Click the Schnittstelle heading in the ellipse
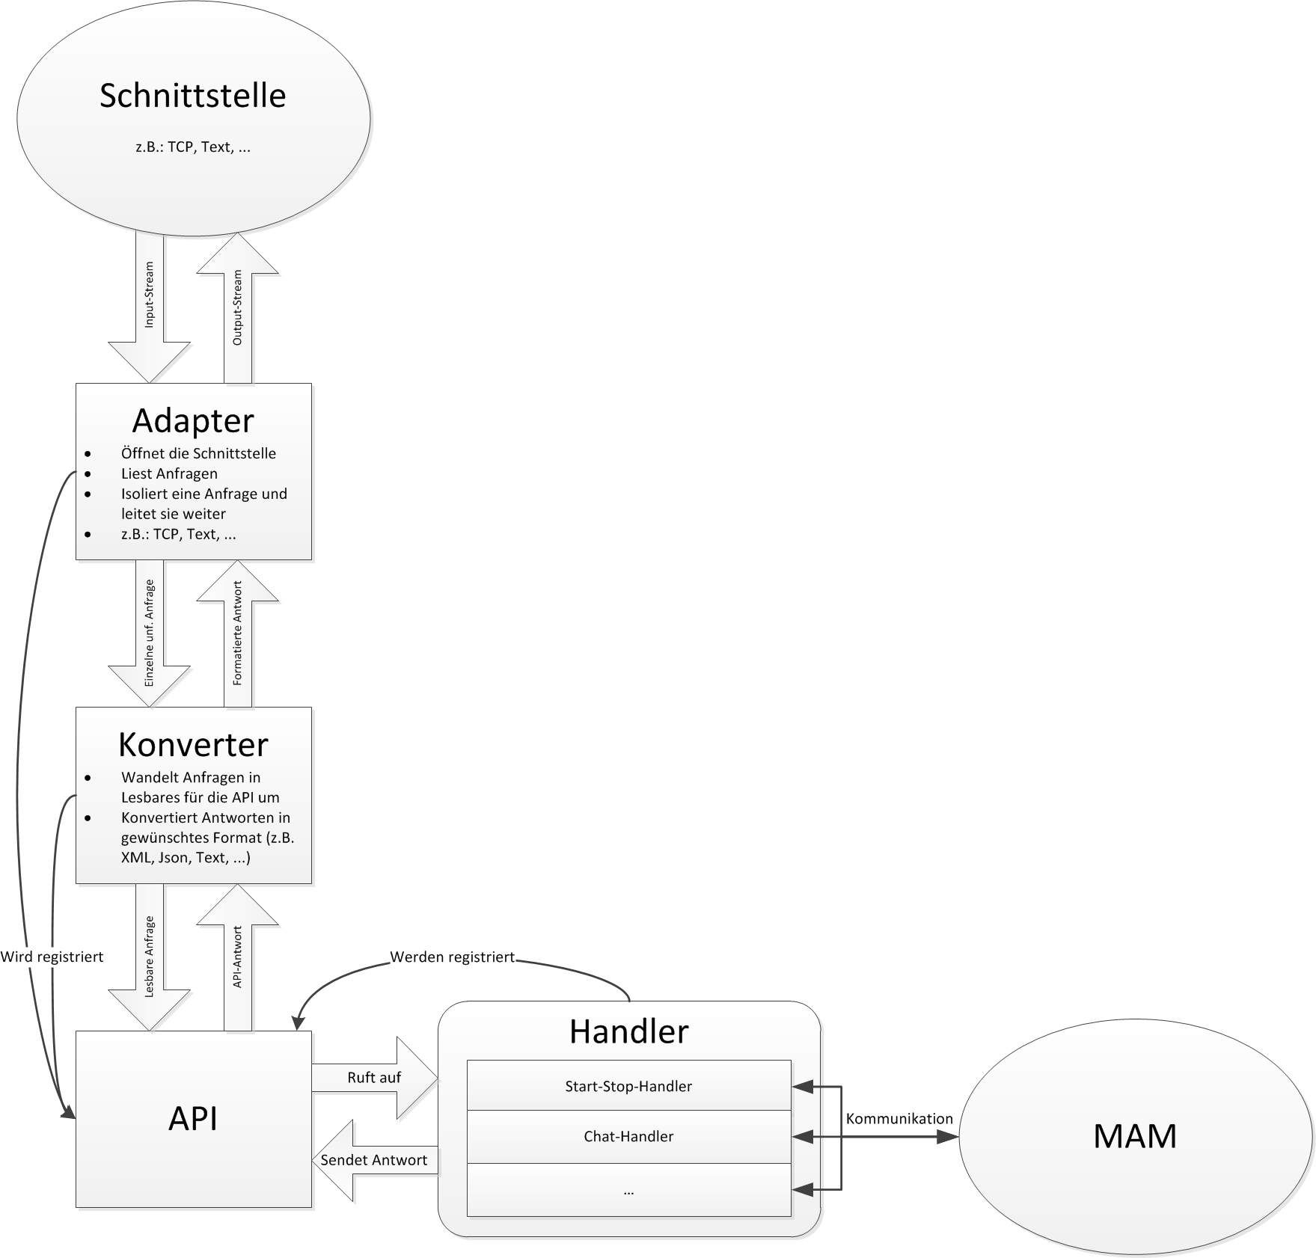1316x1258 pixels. [x=192, y=96]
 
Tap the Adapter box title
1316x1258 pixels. [x=193, y=421]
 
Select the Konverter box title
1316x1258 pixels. [x=193, y=745]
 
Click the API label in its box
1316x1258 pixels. [x=193, y=1119]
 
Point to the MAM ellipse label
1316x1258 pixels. [x=1135, y=1136]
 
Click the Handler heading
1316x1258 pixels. [x=628, y=1032]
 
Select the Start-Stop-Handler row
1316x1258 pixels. [x=628, y=1086]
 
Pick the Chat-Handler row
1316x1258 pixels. [x=628, y=1137]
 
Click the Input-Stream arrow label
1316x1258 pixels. [x=150, y=295]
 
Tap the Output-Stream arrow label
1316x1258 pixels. [x=238, y=307]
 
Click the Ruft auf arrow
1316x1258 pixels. [x=374, y=1078]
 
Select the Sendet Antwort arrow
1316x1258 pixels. [x=374, y=1160]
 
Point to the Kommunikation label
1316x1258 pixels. [x=899, y=1119]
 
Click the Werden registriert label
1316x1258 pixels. [x=453, y=957]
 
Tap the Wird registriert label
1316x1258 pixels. [x=52, y=957]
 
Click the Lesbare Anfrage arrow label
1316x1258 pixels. [x=150, y=957]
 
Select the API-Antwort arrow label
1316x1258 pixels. [x=238, y=957]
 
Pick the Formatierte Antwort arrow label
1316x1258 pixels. [x=238, y=633]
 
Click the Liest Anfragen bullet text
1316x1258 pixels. [x=169, y=473]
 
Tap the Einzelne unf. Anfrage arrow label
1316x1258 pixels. [x=150, y=633]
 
